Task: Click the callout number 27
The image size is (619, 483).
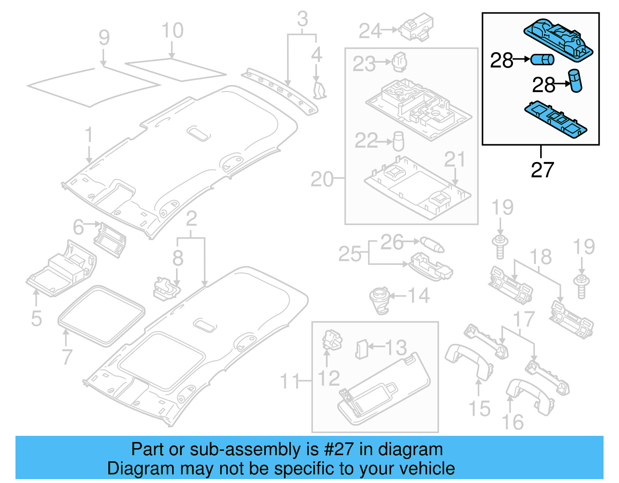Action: pos(542,170)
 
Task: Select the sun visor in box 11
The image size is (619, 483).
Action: pos(383,391)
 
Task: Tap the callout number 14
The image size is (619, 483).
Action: pos(419,296)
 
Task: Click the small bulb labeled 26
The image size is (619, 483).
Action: pos(432,245)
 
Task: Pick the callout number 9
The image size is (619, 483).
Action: pos(104,38)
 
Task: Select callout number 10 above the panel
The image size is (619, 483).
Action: pos(173,31)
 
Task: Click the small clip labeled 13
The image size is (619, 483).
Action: pos(361,349)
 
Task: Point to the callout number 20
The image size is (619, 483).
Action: pos(322,179)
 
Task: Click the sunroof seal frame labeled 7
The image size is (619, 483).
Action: pos(101,315)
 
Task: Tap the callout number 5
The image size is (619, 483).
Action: pos(36,318)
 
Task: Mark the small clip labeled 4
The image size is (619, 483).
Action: pos(319,90)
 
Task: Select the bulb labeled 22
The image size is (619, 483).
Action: pos(398,142)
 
